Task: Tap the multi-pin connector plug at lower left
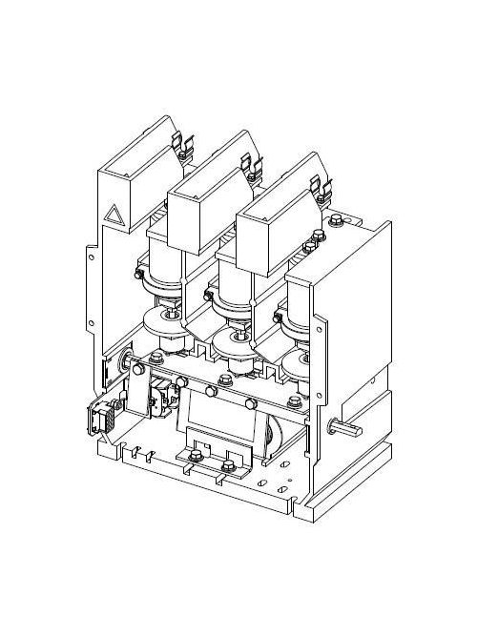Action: [98, 417]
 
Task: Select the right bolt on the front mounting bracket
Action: [226, 466]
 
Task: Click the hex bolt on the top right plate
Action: [338, 224]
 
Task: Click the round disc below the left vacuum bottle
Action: [164, 324]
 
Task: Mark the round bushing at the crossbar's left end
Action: [128, 363]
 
